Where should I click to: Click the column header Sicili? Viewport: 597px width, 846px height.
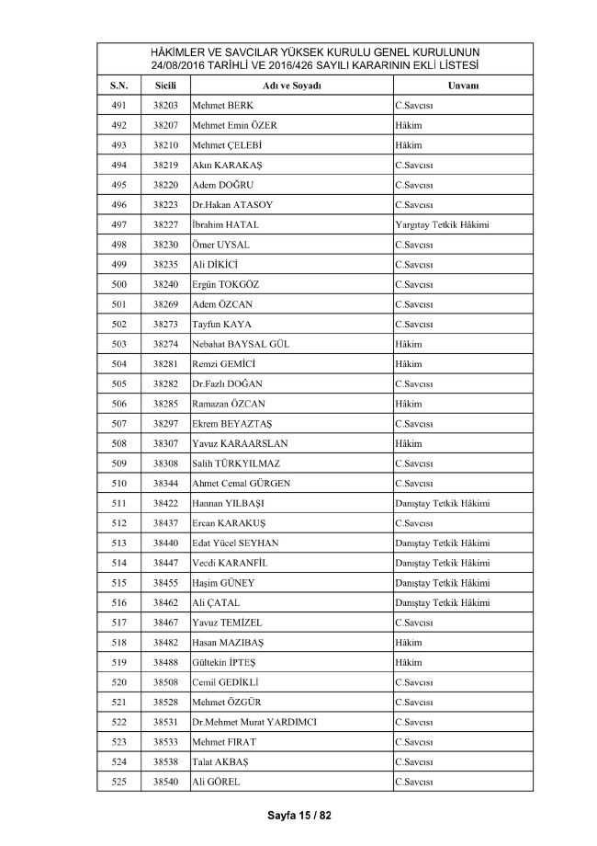[x=165, y=86]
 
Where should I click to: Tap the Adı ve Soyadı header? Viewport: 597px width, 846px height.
[x=291, y=86]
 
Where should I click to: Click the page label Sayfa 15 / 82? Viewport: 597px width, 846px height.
[x=298, y=815]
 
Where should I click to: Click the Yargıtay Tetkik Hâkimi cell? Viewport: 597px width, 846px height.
[x=440, y=224]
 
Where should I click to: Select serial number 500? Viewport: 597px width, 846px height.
[x=118, y=284]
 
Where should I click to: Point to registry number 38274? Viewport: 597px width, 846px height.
[x=165, y=344]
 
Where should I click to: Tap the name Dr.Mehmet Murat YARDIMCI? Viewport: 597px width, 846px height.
[x=254, y=722]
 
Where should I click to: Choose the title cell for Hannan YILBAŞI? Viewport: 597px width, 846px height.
[x=442, y=503]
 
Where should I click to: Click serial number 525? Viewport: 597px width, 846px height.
[x=118, y=782]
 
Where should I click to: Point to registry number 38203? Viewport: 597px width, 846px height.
[x=165, y=106]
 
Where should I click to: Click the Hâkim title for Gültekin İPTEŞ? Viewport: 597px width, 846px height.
[x=409, y=662]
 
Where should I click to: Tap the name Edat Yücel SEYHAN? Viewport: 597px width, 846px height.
[x=235, y=543]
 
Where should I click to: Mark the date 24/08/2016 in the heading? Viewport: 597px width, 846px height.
[x=181, y=65]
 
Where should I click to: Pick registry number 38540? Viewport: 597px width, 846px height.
[x=165, y=782]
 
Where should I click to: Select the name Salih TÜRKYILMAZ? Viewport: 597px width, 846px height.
[x=236, y=463]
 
